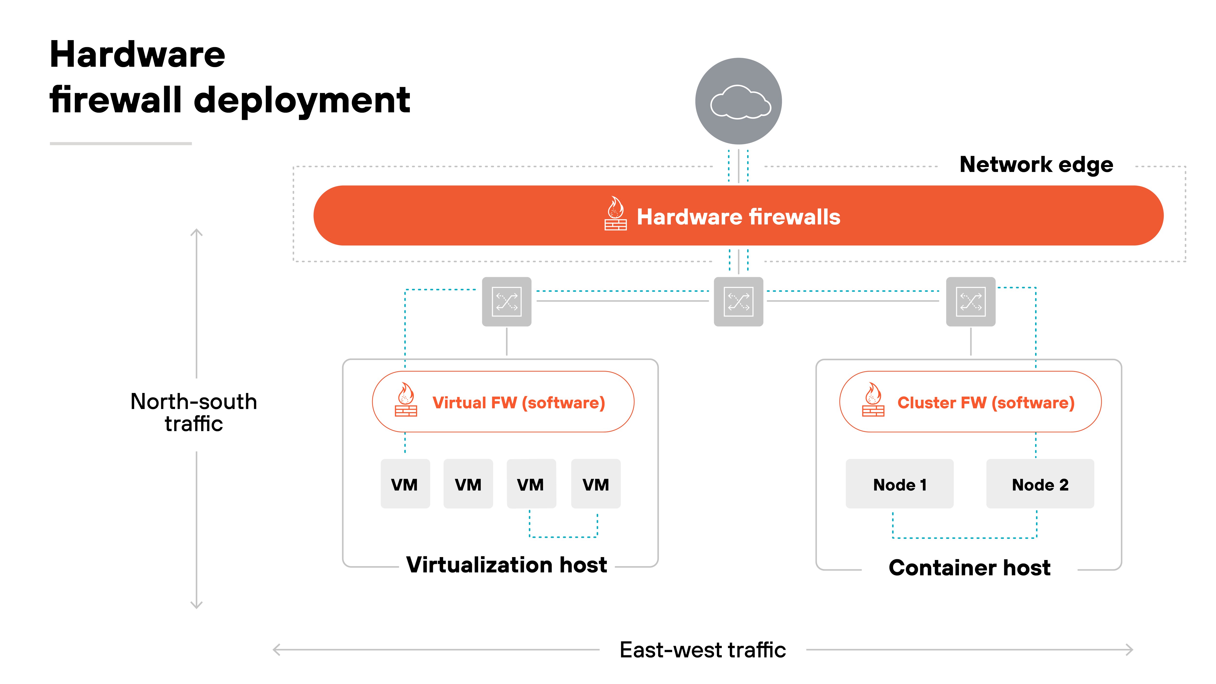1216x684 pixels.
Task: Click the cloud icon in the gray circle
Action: click(x=740, y=101)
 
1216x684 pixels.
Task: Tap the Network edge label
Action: click(x=1036, y=165)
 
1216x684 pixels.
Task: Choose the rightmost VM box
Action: click(x=596, y=484)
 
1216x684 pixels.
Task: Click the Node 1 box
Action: click(x=899, y=484)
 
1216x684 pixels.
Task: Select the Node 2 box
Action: click(x=1040, y=484)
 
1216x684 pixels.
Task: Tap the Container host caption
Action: click(x=970, y=567)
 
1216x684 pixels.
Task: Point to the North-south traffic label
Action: click(x=194, y=412)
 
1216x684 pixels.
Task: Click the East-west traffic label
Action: click(x=702, y=650)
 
